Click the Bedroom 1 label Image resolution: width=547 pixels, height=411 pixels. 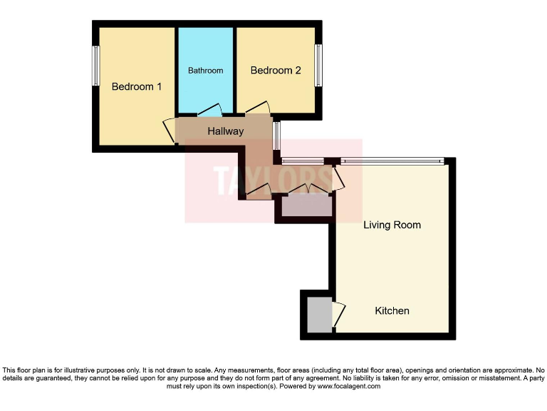pos(137,86)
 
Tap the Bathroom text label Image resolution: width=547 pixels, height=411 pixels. pos(205,71)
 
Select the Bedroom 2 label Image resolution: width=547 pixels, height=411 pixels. pos(276,71)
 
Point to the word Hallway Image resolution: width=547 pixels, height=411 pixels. pos(225,131)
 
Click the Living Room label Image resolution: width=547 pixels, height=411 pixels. pos(392,225)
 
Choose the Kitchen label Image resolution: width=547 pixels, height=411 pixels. pos(392,310)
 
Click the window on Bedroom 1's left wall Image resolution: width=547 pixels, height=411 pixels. pos(95,66)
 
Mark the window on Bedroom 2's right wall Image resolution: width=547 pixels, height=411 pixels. pos(318,66)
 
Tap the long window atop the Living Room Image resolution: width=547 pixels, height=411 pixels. pos(392,161)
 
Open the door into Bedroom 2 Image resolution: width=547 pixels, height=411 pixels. pos(257,108)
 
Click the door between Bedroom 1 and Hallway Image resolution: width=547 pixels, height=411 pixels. pos(170,129)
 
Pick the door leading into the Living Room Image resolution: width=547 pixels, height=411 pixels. pos(338,178)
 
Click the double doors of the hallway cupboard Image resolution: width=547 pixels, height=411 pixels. pos(308,190)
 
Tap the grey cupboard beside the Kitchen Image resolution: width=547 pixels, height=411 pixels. pos(318,314)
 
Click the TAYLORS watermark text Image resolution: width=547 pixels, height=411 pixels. pos(273,180)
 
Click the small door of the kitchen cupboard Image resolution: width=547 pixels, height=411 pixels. pos(338,313)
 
